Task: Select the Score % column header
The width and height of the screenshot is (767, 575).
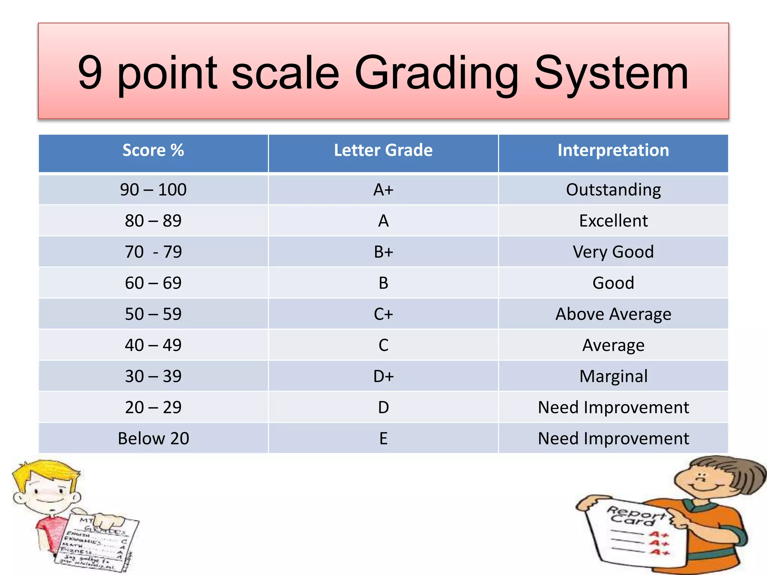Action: coord(153,150)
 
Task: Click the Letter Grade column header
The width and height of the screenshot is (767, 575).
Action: coord(383,150)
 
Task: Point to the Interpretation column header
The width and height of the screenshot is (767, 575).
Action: coord(613,150)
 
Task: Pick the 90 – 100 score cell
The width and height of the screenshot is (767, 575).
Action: coord(153,190)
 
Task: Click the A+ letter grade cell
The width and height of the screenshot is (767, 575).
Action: coord(383,190)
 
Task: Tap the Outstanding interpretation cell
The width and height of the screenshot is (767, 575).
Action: coord(613,190)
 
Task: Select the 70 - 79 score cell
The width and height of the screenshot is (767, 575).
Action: coord(153,252)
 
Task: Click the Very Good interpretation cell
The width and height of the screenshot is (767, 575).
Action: coord(613,252)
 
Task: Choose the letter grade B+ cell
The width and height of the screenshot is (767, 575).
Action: coord(383,252)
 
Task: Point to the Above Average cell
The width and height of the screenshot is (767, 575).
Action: coord(613,314)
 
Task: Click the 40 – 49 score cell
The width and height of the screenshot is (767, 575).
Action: coord(153,345)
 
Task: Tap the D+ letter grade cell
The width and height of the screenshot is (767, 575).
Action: coord(383,376)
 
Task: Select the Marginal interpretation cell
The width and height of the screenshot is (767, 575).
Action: coord(613,376)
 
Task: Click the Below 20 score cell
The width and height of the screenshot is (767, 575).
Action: coord(153,438)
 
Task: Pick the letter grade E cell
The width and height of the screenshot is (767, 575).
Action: coord(383,438)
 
